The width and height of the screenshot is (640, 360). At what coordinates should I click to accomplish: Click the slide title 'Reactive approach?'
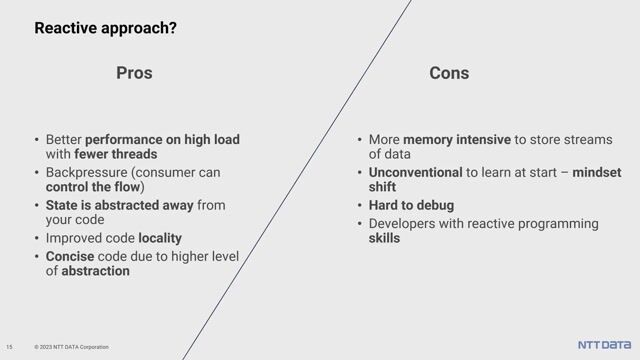pos(106,28)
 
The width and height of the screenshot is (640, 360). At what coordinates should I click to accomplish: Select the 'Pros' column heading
pos(134,73)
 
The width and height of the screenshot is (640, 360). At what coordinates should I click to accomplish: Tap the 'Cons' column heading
pos(449,73)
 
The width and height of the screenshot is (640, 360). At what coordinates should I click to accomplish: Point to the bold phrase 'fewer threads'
pos(115,155)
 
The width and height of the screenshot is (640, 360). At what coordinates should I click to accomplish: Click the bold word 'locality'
pos(160,238)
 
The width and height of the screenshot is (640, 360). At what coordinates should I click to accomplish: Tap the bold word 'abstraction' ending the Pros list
pos(95,271)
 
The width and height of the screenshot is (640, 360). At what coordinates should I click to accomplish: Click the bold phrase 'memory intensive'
pos(456,139)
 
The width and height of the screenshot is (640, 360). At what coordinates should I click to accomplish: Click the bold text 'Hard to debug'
pos(411,205)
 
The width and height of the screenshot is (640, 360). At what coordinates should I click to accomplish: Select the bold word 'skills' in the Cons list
pos(384,238)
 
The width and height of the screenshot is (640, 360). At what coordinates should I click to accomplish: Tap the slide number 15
pos(9,347)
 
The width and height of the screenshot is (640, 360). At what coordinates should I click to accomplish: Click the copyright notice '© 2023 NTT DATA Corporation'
pos(71,347)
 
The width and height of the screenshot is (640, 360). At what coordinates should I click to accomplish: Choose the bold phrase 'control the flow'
pos(92,188)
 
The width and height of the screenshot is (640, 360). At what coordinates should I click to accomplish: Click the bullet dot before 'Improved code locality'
pos(37,238)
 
